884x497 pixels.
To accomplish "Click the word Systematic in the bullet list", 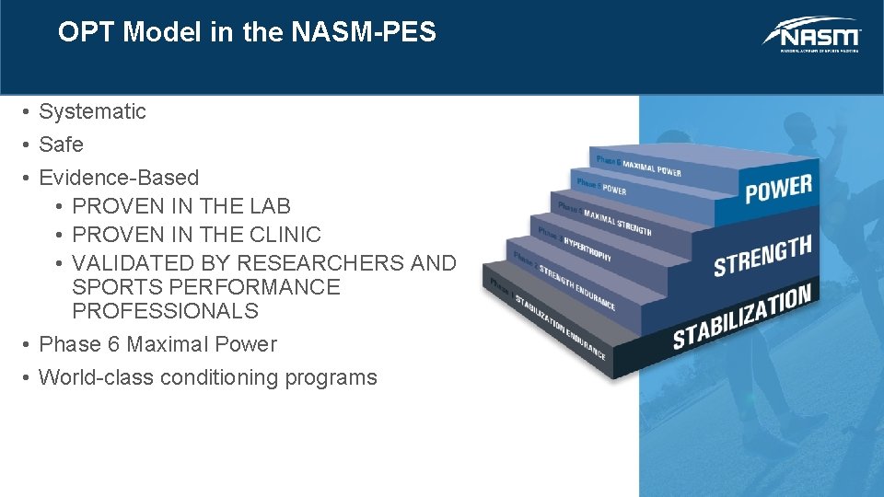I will pyautogui.click(x=92, y=112).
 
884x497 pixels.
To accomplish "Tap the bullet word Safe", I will pyautogui.click(x=61, y=145).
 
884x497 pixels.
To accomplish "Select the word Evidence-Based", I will pyautogui.click(x=119, y=178).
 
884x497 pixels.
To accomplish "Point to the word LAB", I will pyautogui.click(x=266, y=206).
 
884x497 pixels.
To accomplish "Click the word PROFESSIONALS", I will pyautogui.click(x=165, y=311).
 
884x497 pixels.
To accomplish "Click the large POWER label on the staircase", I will pyautogui.click(x=778, y=188).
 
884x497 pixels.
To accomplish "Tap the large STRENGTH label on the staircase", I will pyautogui.click(x=762, y=255).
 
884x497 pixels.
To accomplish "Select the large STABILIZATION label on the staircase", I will pyautogui.click(x=741, y=317).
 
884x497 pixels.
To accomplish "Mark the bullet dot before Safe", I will pyautogui.click(x=29, y=145).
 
